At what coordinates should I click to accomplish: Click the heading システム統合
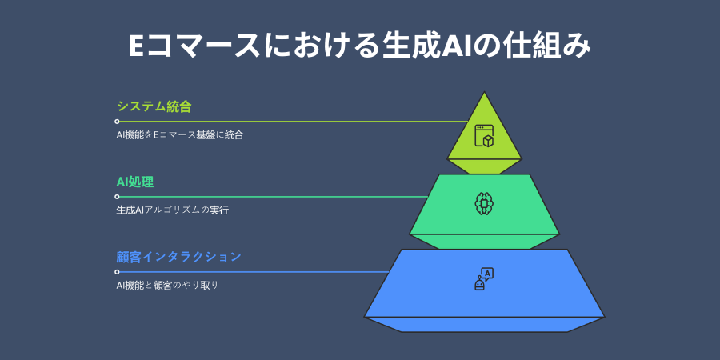[154, 106]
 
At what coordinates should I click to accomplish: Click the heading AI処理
[134, 182]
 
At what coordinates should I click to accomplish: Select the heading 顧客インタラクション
[178, 257]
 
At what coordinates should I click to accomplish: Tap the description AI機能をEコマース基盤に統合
[179, 135]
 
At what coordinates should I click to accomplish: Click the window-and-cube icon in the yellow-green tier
[484, 136]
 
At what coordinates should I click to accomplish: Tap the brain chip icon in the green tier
[484, 202]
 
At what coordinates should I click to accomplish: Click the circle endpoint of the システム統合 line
[117, 122]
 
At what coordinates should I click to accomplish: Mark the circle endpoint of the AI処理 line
[117, 197]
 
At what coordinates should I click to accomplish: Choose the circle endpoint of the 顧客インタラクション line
[117, 272]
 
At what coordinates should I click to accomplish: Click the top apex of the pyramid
[484, 94]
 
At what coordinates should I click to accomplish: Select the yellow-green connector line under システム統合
[288, 122]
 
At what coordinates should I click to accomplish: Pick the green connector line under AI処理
[272, 197]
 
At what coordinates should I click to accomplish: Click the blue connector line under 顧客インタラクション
[248, 272]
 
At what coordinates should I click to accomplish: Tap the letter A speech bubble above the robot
[487, 273]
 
